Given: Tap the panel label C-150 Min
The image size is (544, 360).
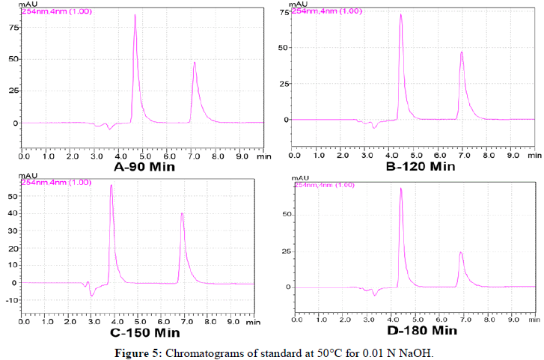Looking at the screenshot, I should tap(146, 332).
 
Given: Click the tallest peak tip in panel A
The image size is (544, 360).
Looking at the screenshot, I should tap(135, 15).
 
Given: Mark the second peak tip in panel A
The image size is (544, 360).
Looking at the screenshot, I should tap(195, 62).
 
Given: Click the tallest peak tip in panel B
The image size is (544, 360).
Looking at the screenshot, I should tap(400, 14).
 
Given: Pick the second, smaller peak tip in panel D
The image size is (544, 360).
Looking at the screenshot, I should tap(461, 252).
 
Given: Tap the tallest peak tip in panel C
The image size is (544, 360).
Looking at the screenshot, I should tap(111, 185).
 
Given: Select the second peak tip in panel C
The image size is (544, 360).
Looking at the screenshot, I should tap(182, 213).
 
